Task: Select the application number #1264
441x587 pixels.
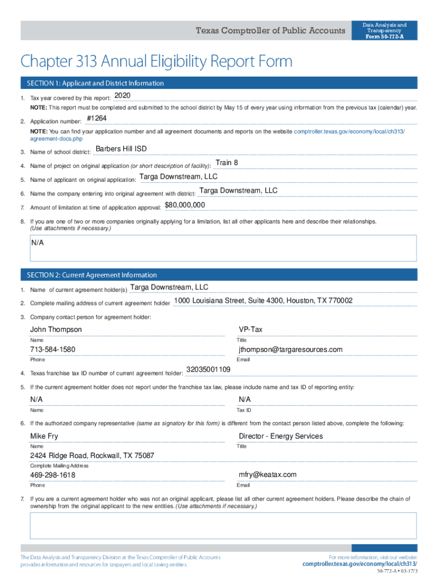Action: [x=96, y=118]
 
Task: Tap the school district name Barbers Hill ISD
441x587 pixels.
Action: [x=121, y=149]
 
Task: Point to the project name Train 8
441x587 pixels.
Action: [x=227, y=163]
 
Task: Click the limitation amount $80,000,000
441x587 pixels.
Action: [x=184, y=205]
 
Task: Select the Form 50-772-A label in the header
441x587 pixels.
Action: [x=384, y=36]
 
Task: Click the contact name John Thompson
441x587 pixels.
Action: [x=56, y=330]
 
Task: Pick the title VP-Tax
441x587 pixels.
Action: [x=251, y=330]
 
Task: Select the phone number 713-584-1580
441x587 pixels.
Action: [x=53, y=350]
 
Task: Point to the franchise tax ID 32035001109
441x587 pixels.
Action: [x=208, y=370]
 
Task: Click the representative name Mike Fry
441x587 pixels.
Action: [x=44, y=436]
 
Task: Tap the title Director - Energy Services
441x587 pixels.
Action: [x=281, y=436]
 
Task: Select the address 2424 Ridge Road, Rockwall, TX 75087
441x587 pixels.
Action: [x=92, y=456]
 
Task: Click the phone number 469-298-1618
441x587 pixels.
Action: [x=53, y=476]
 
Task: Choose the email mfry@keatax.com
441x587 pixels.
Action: [x=267, y=475]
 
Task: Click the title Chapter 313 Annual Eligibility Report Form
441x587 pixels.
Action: [x=156, y=61]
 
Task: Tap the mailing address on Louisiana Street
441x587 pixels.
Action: [x=263, y=301]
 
